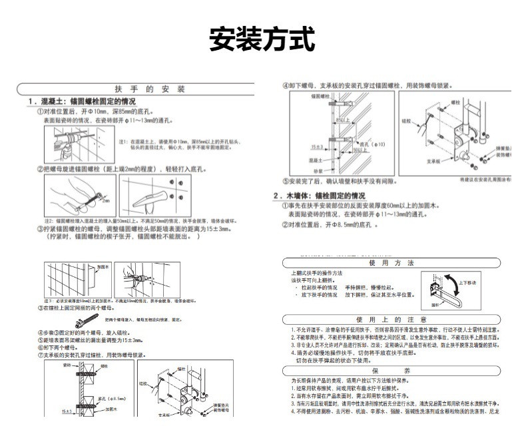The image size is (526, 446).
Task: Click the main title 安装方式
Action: (x=262, y=39)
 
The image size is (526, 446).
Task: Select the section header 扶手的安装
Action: (x=144, y=89)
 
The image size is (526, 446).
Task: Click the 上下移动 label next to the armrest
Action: (x=467, y=283)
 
